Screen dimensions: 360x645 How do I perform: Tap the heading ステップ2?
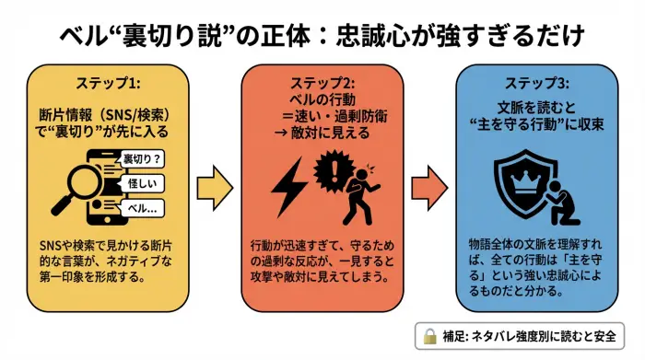coord(321,84)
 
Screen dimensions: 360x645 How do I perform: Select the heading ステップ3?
coord(536,84)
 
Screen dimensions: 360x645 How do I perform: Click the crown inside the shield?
coord(522,176)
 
